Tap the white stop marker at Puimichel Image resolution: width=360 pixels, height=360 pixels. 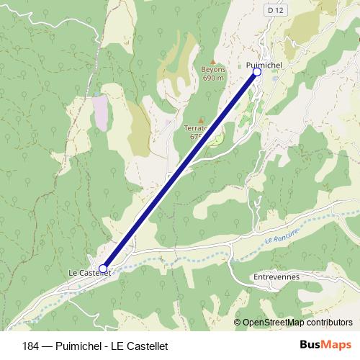tap(256, 72)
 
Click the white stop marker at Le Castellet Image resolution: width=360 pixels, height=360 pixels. tap(103, 269)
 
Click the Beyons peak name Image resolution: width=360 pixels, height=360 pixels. tap(212, 70)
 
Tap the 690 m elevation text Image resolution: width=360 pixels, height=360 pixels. tap(213, 78)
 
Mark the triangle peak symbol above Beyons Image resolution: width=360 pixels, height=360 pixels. tap(212, 62)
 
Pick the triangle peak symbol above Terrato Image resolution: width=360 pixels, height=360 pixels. tap(200, 120)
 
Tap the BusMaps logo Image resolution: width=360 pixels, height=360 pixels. tap(325, 344)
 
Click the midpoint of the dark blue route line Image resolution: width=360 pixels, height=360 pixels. tap(180, 170)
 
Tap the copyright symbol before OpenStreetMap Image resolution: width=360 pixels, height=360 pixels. tap(238, 322)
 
